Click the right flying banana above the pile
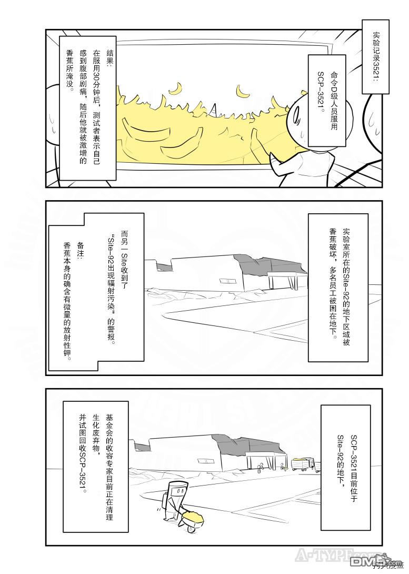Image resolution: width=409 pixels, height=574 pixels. pyautogui.click(x=242, y=92)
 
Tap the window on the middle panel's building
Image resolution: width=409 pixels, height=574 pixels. pyautogui.click(x=227, y=281)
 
